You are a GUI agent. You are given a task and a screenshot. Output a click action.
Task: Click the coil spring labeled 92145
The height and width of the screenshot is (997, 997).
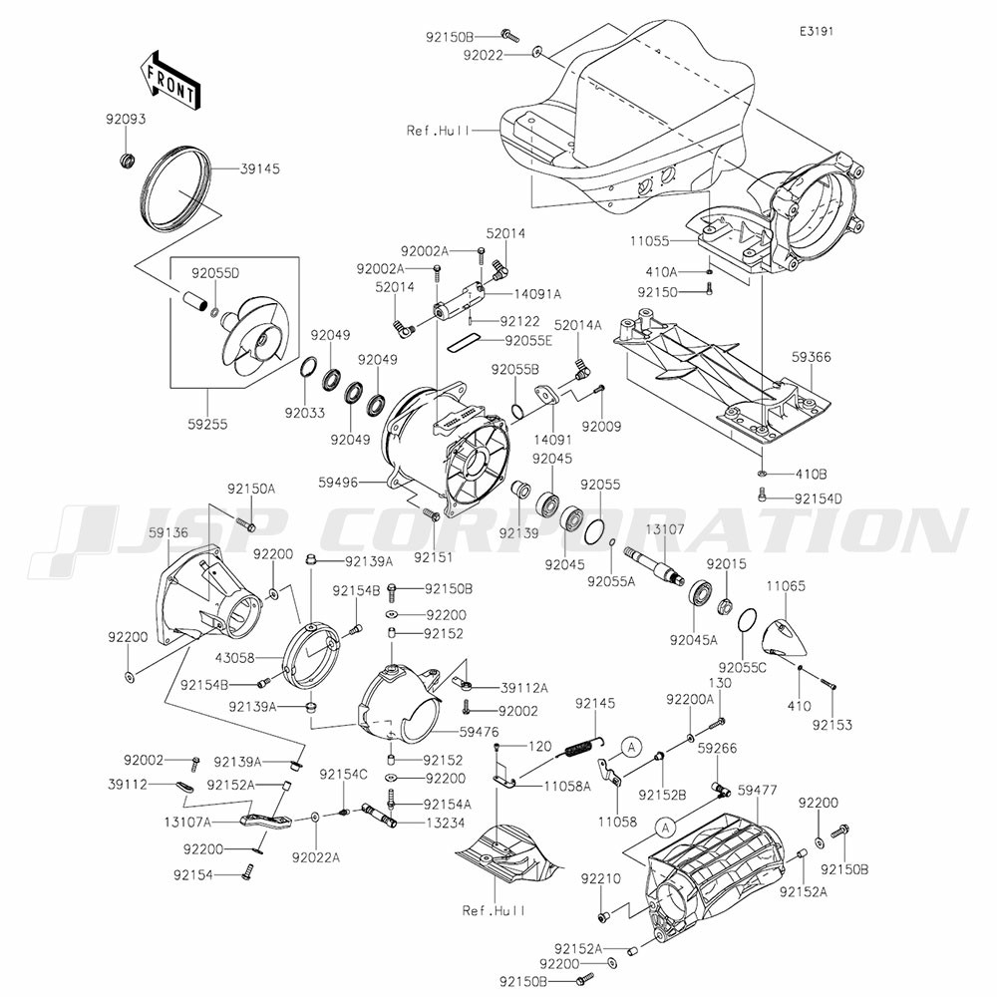[x=581, y=742]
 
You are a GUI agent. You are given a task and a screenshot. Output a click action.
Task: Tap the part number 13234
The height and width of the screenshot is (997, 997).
[x=443, y=824]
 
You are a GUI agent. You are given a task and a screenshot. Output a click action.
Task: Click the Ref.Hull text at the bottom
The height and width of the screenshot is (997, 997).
[x=494, y=909]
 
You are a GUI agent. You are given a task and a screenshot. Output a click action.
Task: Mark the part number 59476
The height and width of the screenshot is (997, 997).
[x=479, y=732]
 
